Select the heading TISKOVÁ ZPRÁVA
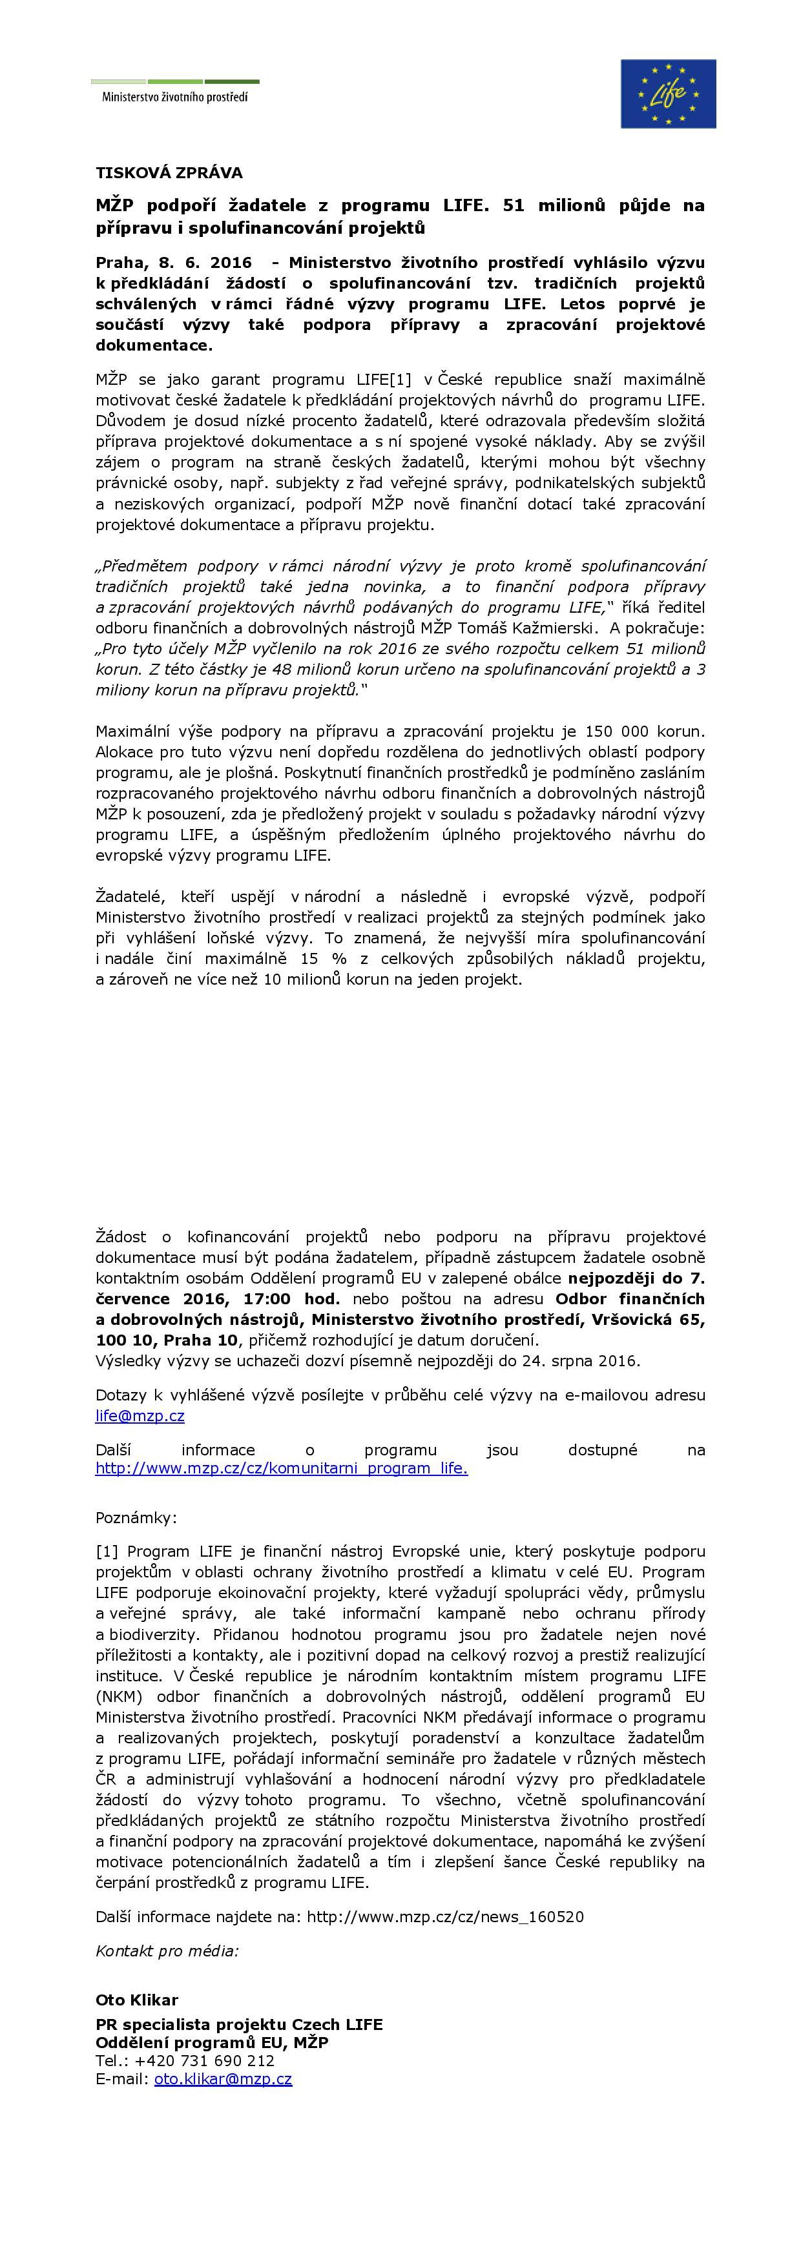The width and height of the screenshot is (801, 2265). pyautogui.click(x=169, y=173)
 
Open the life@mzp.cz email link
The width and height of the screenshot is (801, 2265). pyautogui.click(x=140, y=1415)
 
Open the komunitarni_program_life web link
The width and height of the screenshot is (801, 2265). pyautogui.click(x=282, y=1468)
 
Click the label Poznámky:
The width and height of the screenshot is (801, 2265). pyautogui.click(x=136, y=1517)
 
